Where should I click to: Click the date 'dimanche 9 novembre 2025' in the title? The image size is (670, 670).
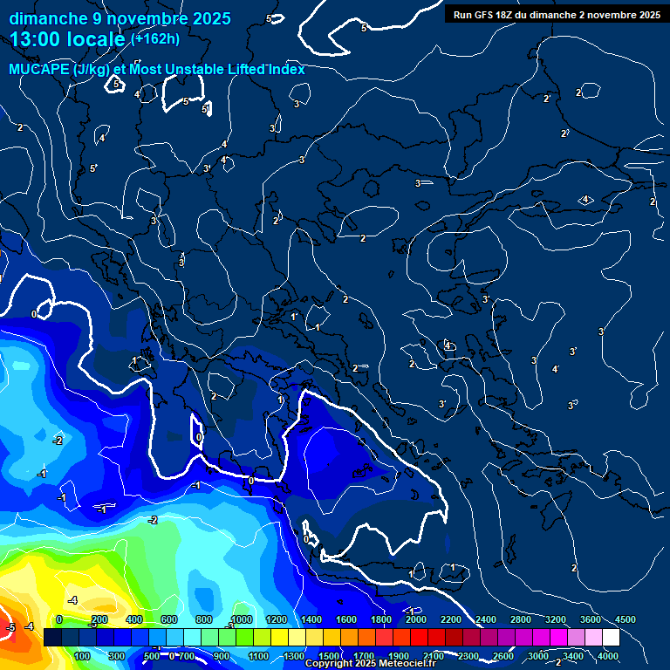120,18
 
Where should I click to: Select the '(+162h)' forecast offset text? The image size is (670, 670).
154,38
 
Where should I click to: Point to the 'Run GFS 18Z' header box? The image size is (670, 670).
556,14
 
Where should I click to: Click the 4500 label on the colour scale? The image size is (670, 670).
625,619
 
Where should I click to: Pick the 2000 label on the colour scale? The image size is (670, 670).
416,619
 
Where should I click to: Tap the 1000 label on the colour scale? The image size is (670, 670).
242,619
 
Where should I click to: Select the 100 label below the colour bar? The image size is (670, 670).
83,656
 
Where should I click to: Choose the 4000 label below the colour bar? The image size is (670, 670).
608,656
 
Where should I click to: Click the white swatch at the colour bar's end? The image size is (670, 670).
611,638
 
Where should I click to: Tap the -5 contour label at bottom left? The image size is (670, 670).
11,627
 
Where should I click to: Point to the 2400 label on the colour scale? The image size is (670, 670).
486,619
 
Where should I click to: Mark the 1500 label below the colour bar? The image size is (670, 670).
328,656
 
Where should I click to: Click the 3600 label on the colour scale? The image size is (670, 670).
590,619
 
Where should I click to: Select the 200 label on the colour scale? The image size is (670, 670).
99,619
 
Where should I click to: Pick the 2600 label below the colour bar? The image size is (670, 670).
502,656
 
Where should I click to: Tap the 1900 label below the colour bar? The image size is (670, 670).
398,656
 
